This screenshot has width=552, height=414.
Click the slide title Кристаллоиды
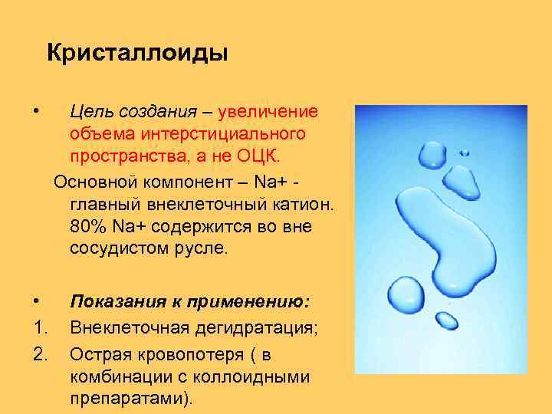(x=137, y=54)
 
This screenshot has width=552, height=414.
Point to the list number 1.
(x=41, y=329)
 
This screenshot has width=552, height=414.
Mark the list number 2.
(x=41, y=354)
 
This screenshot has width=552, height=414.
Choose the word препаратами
(x=127, y=399)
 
